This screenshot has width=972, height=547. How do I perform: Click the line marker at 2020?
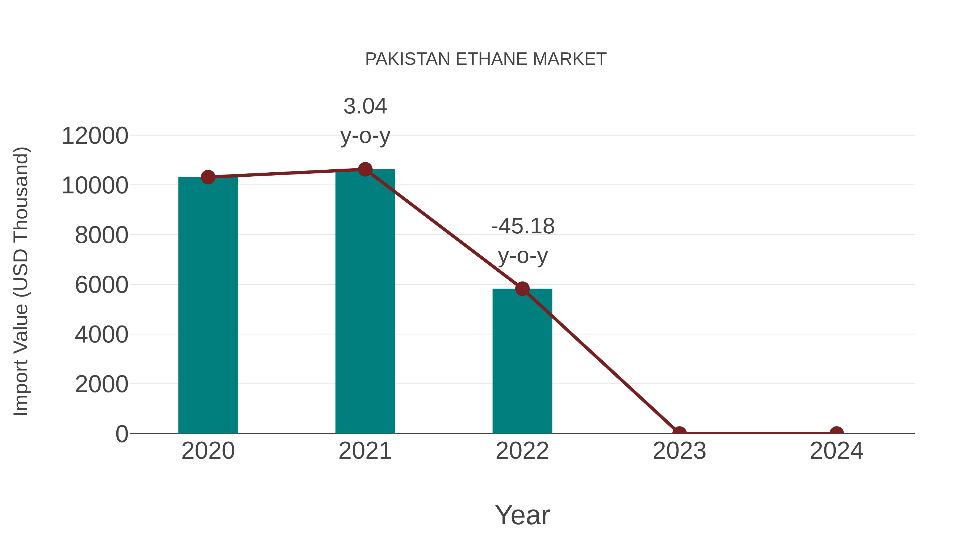[208, 177]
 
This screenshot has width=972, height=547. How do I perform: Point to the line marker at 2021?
[365, 169]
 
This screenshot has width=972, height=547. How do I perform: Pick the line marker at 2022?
[522, 289]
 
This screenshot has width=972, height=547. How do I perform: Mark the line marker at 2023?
[679, 433]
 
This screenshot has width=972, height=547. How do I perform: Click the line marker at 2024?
[836, 433]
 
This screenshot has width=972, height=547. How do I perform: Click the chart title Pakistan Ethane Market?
[486, 59]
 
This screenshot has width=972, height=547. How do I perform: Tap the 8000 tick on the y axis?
[102, 235]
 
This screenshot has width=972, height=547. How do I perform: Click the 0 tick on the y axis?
[122, 434]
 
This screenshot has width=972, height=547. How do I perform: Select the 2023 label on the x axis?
[679, 451]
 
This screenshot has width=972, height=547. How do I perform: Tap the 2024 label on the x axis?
[836, 451]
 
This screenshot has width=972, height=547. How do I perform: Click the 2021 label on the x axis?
[365, 451]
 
